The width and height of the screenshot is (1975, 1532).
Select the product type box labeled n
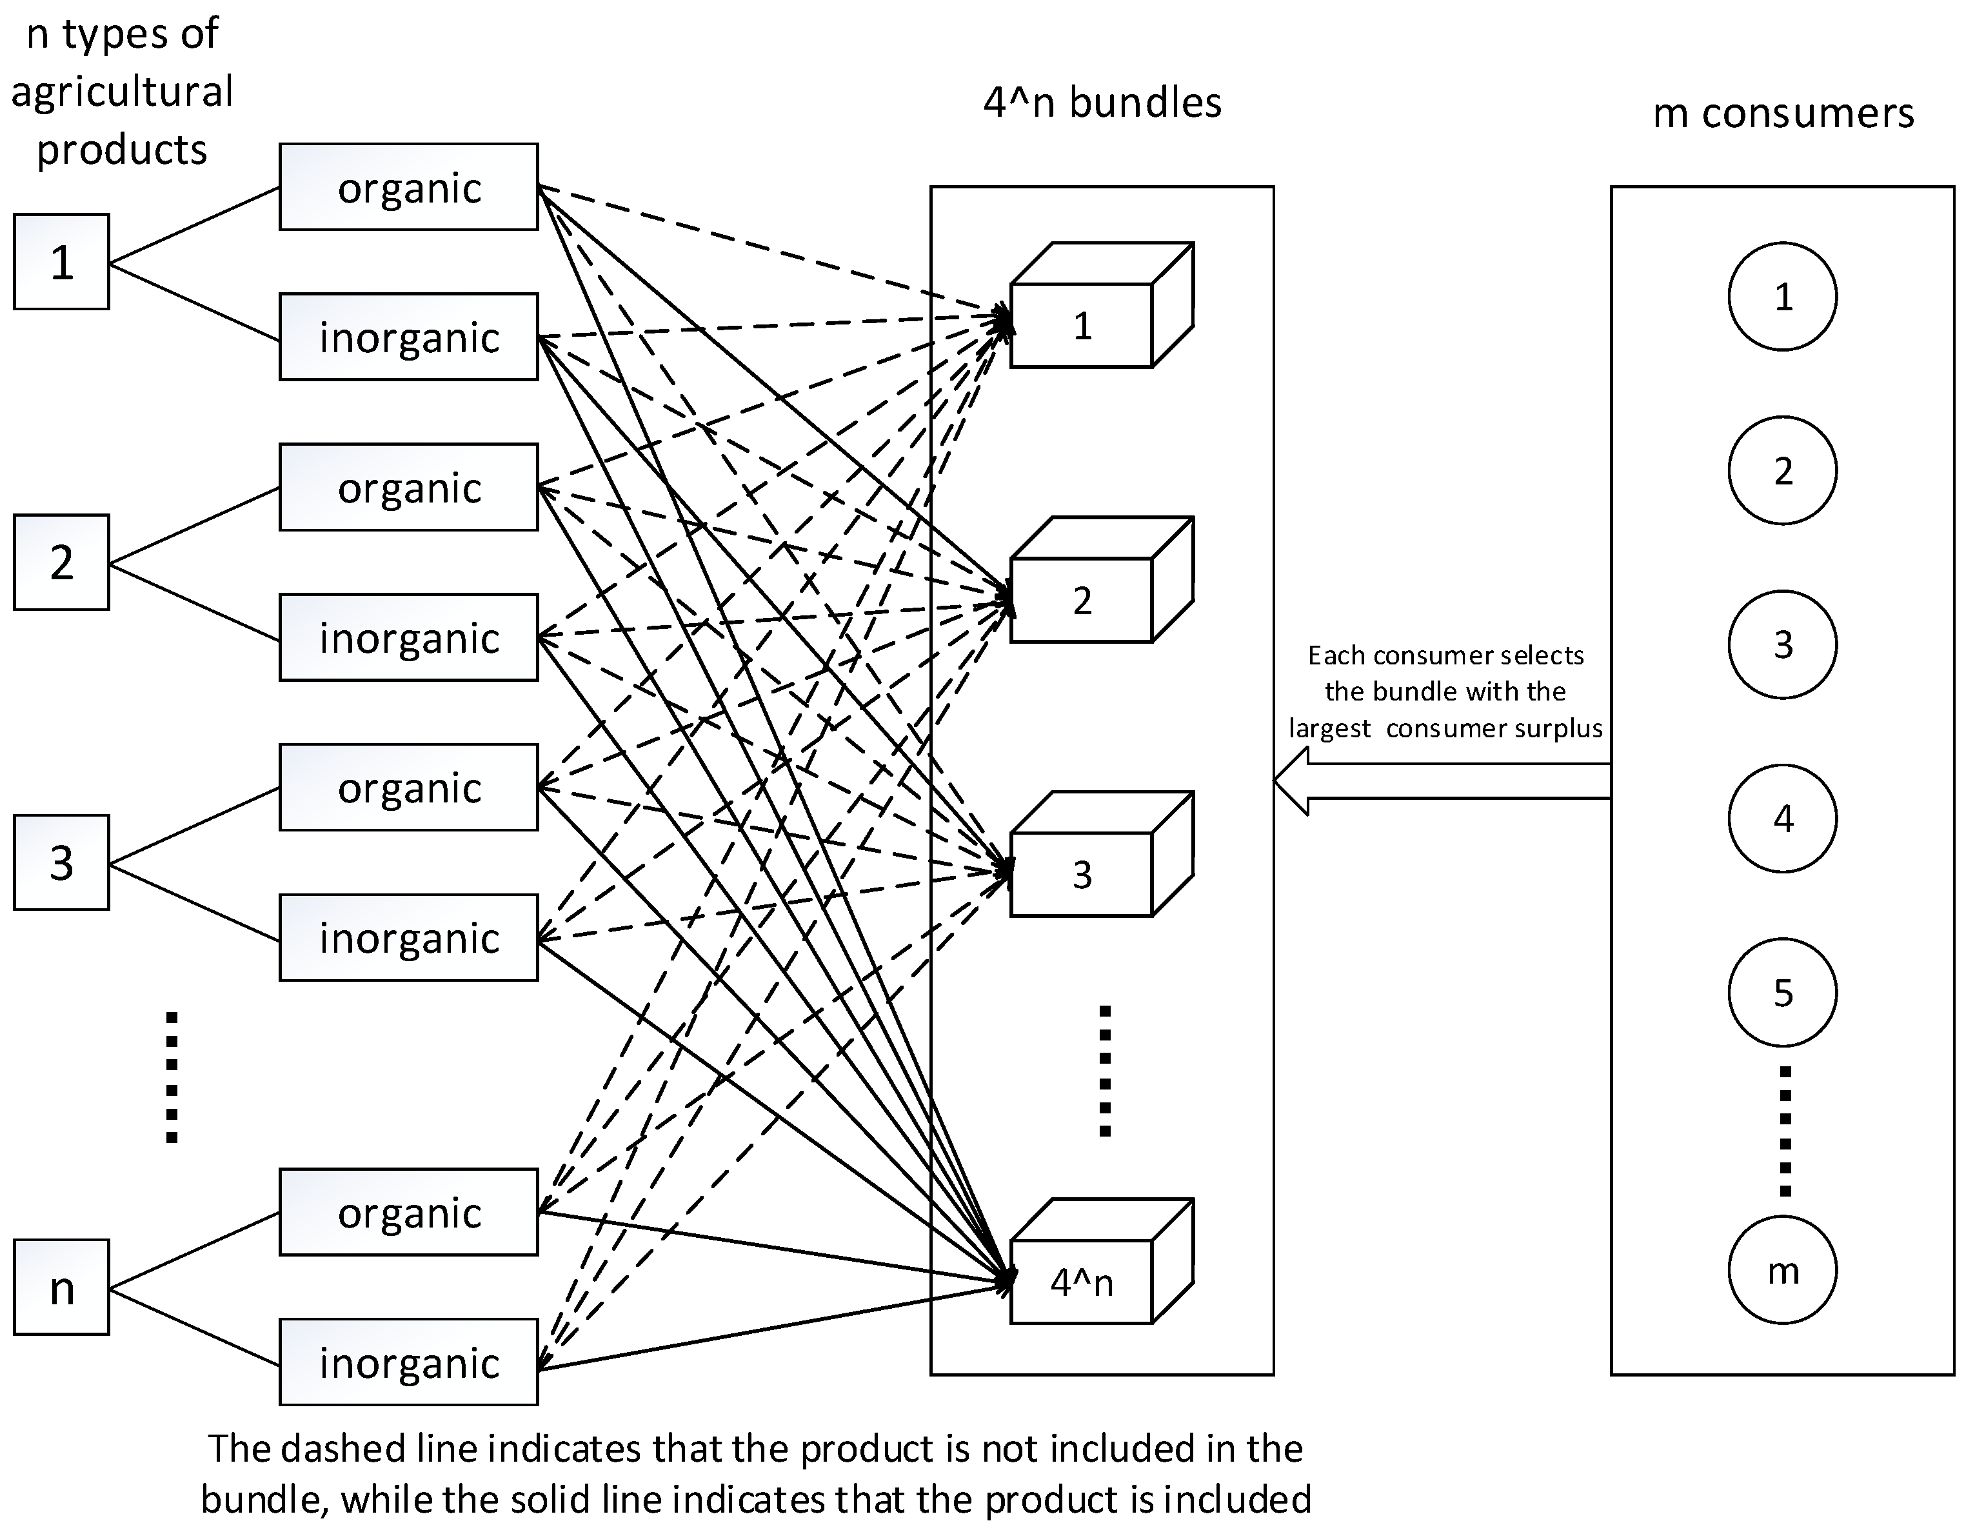61,1287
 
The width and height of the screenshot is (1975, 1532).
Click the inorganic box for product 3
409,938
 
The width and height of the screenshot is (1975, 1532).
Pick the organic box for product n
409,1213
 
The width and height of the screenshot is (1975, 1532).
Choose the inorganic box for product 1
409,337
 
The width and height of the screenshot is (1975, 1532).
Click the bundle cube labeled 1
1082,324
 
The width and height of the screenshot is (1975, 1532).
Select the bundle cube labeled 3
1082,873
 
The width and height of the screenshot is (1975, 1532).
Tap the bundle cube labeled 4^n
1082,1282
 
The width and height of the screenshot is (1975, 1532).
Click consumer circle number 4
1782,819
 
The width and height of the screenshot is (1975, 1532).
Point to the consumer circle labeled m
1782,1271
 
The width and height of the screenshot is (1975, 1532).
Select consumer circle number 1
1782,297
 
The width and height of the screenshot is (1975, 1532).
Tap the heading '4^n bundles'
1102,102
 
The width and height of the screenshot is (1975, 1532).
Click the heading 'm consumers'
1782,113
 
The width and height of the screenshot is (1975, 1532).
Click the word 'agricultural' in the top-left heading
122,92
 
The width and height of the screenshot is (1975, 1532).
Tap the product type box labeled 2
61,562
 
